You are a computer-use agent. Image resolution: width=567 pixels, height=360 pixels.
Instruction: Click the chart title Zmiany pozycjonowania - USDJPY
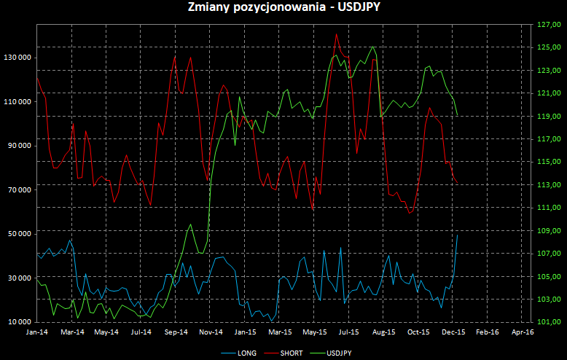point(283,8)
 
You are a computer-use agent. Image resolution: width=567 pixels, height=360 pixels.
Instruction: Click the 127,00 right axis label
point(547,24)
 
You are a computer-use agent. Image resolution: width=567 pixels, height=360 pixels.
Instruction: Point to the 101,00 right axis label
point(547,322)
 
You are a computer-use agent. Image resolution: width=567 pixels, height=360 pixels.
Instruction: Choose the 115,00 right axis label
point(547,162)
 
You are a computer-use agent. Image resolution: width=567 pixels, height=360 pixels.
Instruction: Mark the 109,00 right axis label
point(547,230)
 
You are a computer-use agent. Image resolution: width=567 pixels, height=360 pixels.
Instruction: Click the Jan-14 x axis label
point(37,332)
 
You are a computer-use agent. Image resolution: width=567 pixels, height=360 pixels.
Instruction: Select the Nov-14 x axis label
point(210,332)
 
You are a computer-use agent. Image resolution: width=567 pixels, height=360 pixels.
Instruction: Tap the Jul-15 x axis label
point(348,332)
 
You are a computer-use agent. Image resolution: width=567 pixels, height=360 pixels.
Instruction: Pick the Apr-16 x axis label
point(522,332)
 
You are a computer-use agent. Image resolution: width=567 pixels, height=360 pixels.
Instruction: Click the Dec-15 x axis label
point(453,332)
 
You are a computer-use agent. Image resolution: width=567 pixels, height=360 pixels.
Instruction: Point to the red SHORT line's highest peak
point(336,34)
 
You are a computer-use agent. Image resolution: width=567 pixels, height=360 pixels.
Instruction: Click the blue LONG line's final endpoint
point(457,235)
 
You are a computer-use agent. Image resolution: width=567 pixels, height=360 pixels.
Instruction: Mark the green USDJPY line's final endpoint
point(457,115)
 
